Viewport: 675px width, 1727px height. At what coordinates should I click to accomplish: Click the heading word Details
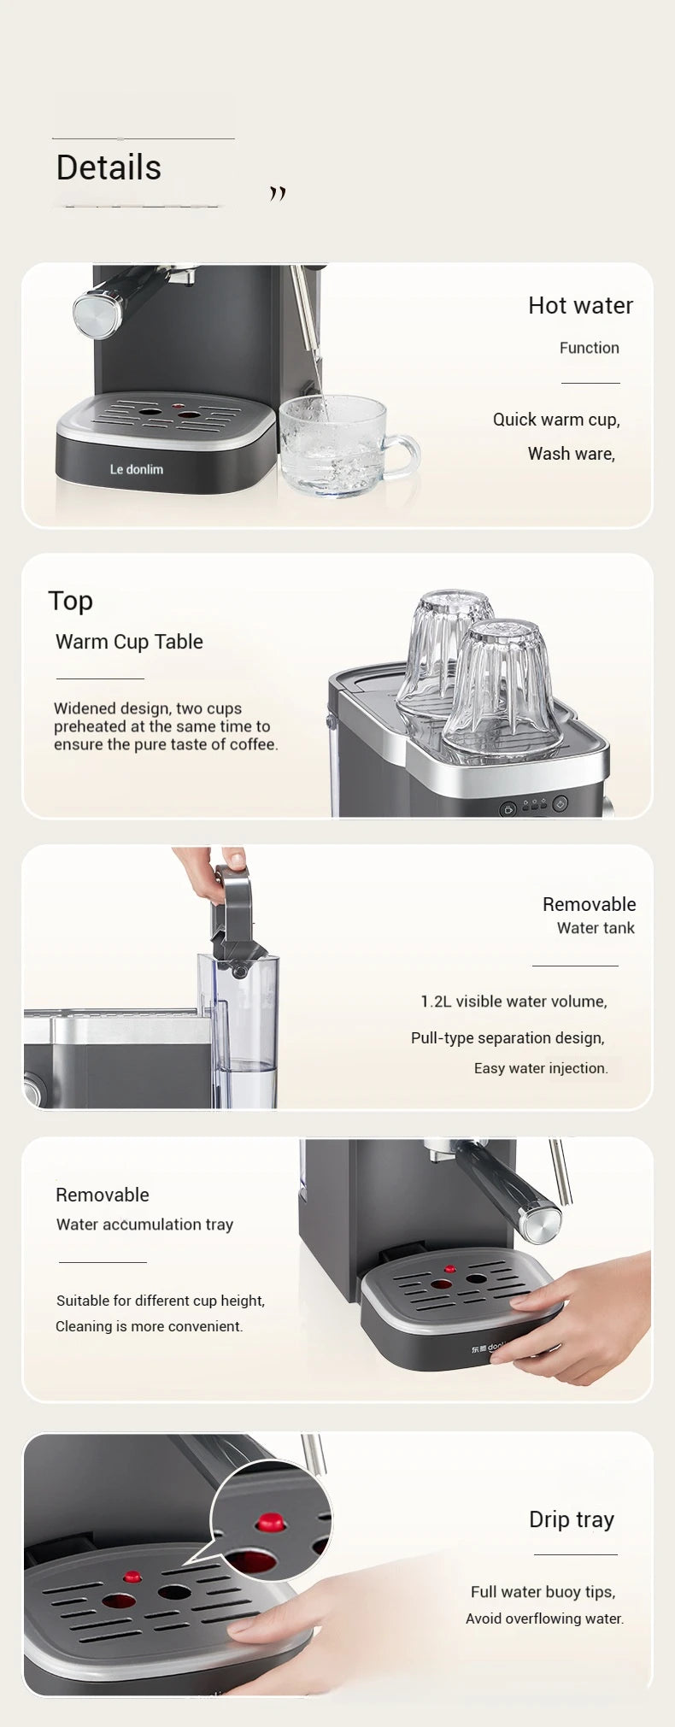(x=109, y=168)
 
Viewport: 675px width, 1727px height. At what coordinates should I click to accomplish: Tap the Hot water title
(x=580, y=306)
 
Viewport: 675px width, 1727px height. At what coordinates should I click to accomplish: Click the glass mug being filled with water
(x=337, y=446)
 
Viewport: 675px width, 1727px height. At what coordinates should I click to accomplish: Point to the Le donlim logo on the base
(x=137, y=469)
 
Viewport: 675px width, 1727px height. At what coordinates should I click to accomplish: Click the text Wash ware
(x=571, y=454)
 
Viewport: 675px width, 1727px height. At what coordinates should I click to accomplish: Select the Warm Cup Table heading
(x=129, y=642)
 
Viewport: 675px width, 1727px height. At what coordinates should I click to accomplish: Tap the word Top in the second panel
(x=70, y=601)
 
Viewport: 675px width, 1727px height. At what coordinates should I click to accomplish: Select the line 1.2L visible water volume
(x=514, y=1002)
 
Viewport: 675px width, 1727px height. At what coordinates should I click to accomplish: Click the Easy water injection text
(x=541, y=1068)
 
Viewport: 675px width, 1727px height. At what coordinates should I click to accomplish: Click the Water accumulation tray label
(x=144, y=1225)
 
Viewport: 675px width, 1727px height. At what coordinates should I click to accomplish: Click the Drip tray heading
(x=571, y=1519)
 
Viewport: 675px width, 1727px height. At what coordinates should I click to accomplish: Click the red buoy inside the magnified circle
(x=270, y=1522)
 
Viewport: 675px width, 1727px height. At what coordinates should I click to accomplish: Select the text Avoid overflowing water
(x=544, y=1618)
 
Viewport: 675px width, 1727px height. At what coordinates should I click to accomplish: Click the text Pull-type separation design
(x=508, y=1037)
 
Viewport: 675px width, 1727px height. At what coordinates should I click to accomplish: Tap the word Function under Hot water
(x=589, y=348)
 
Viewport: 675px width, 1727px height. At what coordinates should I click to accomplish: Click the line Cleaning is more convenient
(x=150, y=1326)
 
